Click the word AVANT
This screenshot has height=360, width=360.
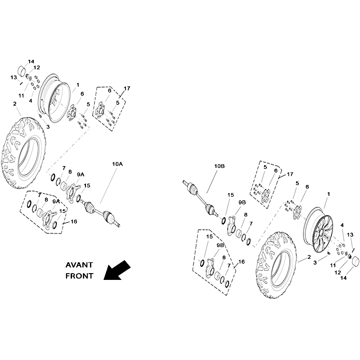tap(79, 265)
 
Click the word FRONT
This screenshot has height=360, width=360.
tap(80, 276)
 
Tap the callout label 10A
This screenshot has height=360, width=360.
tap(117, 164)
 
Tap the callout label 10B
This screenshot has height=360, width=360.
tap(220, 166)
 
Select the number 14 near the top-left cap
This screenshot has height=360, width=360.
tap(31, 62)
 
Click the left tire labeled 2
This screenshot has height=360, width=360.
tap(23, 153)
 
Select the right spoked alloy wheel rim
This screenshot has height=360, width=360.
tap(318, 230)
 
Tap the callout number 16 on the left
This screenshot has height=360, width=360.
tap(74, 221)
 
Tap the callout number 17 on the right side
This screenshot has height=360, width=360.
tap(290, 174)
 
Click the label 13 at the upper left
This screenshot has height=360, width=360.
tap(14, 77)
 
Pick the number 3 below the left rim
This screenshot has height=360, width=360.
tap(48, 127)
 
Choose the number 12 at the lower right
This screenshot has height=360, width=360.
tap(337, 273)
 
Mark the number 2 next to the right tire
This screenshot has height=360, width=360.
tap(309, 257)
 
